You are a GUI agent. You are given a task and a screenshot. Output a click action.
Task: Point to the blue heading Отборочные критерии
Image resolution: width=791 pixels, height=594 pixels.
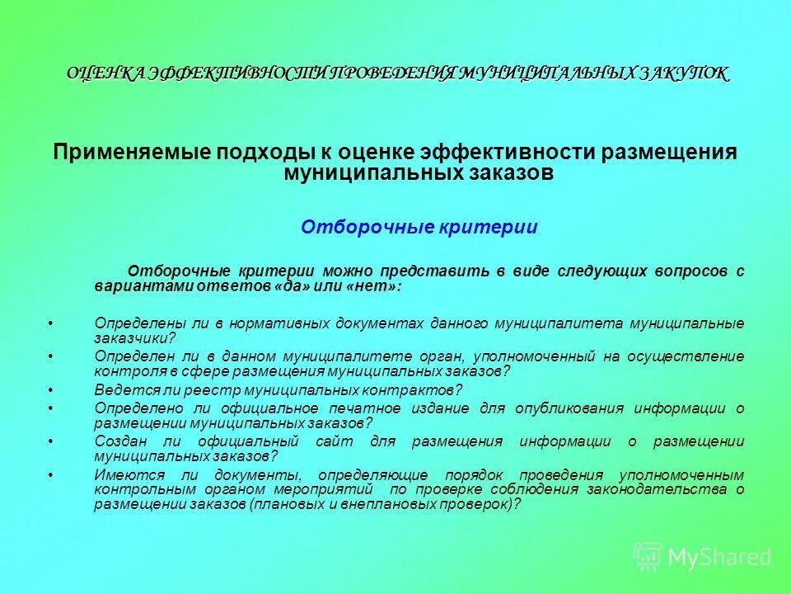pyautogui.click(x=419, y=227)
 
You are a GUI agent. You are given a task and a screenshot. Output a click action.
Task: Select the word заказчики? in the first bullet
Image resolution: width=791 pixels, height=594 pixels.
pyautogui.click(x=135, y=337)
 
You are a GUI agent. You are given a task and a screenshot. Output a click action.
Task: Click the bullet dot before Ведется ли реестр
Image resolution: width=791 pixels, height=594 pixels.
pyautogui.click(x=51, y=389)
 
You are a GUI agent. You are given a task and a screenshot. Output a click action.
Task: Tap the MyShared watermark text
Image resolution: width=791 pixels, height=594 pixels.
pyautogui.click(x=719, y=557)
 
